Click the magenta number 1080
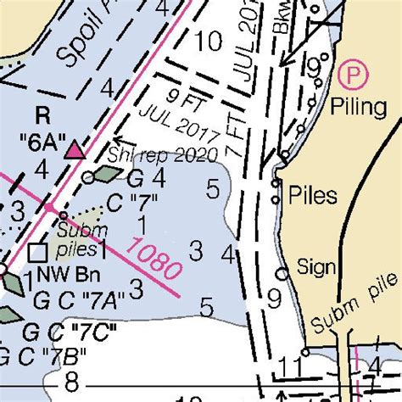pyautogui.click(x=154, y=260)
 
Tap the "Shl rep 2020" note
pyautogui.click(x=162, y=154)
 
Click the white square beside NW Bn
pyautogui.click(x=36, y=252)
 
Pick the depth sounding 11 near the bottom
pyautogui.click(x=289, y=367)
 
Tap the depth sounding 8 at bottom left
pyautogui.click(x=71, y=380)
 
